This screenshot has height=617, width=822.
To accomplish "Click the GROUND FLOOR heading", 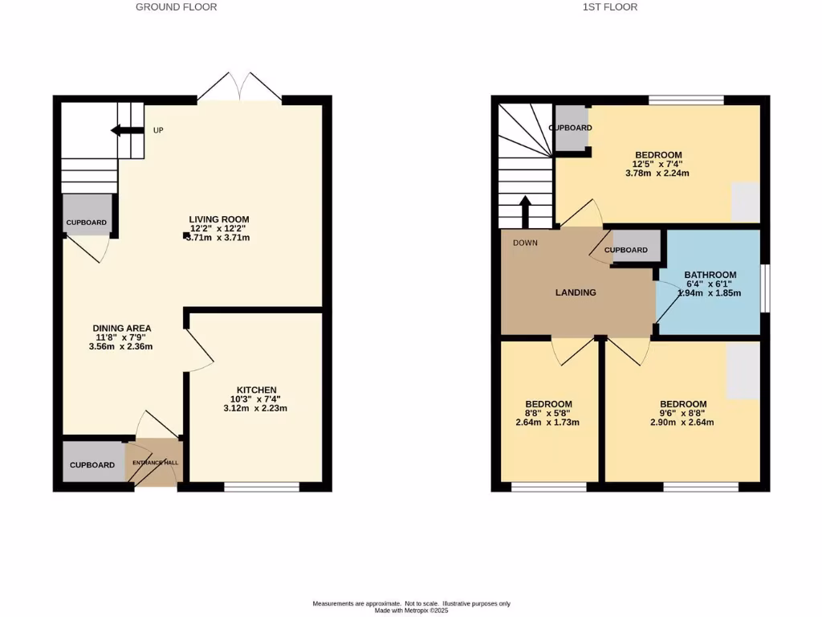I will pyautogui.click(x=176, y=7).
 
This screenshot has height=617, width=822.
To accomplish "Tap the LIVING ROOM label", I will pyautogui.click(x=219, y=219).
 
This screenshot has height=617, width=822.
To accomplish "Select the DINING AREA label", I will pyautogui.click(x=122, y=328).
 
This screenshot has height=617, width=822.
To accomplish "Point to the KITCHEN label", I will pyautogui.click(x=256, y=390).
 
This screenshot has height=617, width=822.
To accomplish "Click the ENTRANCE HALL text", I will pyautogui.click(x=155, y=463).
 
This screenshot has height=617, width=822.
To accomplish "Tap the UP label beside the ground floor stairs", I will pyautogui.click(x=158, y=130).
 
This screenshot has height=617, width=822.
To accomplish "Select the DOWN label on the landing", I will pyautogui.click(x=525, y=243).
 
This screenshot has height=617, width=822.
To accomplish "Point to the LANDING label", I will pyautogui.click(x=576, y=292).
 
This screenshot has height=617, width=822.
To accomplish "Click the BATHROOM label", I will pyautogui.click(x=710, y=275).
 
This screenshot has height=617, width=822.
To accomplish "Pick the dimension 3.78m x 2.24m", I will pyautogui.click(x=658, y=173).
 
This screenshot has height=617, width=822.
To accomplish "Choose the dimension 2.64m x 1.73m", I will pyautogui.click(x=547, y=423).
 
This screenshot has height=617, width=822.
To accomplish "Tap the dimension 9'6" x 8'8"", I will pyautogui.click(x=683, y=414).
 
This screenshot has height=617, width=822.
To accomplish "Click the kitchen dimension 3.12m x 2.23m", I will pyautogui.click(x=255, y=408).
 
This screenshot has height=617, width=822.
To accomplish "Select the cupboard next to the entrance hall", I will pyautogui.click(x=92, y=465).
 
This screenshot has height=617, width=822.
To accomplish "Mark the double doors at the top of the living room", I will pyautogui.click(x=240, y=87).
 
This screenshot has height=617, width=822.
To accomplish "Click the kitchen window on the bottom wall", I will pyautogui.click(x=262, y=486).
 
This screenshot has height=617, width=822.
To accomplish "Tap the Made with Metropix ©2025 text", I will pyautogui.click(x=410, y=611).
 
